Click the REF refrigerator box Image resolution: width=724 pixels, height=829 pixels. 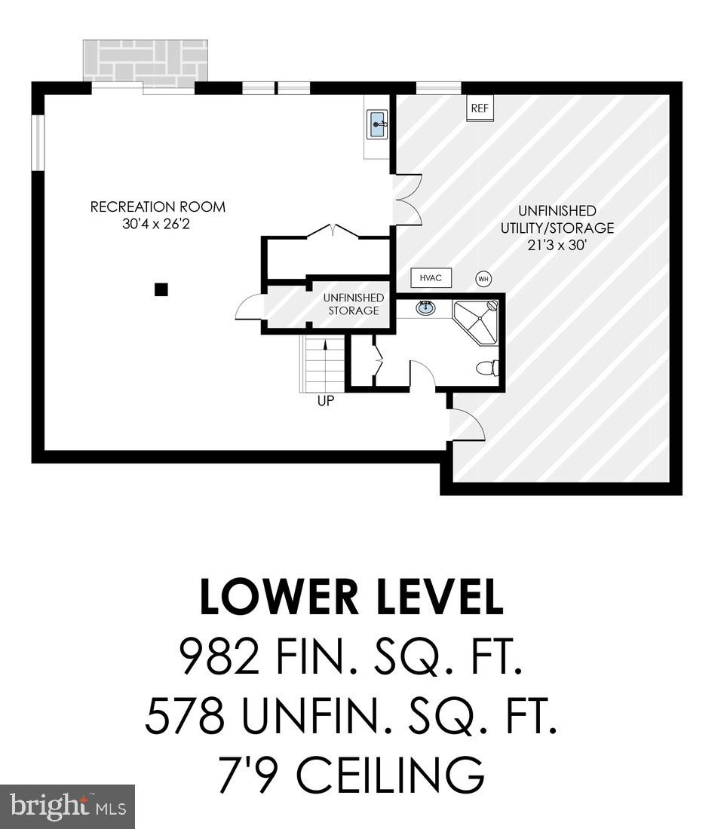point(480,109)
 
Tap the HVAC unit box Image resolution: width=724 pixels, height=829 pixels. point(431,278)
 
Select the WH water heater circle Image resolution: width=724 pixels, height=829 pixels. point(483,279)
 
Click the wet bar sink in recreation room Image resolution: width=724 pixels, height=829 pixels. point(377,124)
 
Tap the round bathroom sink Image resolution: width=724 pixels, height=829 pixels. point(425,307)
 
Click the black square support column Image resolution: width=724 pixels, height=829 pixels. point(161,289)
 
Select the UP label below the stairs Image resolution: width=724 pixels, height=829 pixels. point(325,401)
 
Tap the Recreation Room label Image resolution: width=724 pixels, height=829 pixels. point(158,206)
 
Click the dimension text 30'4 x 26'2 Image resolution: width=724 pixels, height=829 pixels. point(158,224)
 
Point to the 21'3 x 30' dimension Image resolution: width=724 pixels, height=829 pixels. point(557,245)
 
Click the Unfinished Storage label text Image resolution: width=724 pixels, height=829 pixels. point(353,304)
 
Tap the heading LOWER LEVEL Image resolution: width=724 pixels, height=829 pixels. point(351,598)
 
